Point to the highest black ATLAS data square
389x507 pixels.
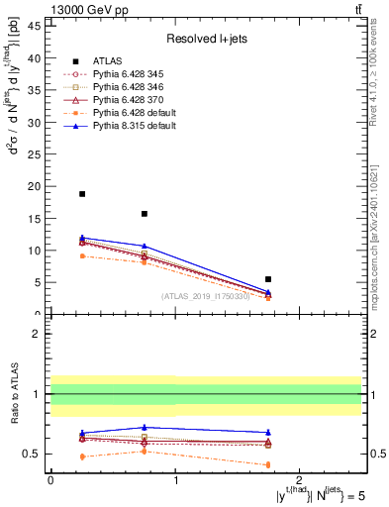tap(82, 194)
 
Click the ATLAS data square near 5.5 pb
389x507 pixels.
tap(268, 279)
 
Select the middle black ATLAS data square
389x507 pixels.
tap(145, 214)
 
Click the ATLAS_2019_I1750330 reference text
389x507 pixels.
tap(206, 295)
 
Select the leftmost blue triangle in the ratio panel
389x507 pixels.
tap(82, 433)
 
